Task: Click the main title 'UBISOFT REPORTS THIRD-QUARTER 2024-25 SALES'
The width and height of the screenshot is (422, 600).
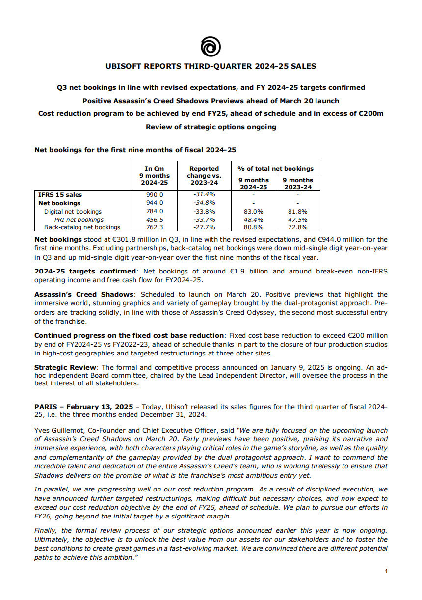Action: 211,66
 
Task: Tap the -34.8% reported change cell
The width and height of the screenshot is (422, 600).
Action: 204,203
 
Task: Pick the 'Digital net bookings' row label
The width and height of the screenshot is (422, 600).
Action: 73,211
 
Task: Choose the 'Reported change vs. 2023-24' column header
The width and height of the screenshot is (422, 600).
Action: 204,176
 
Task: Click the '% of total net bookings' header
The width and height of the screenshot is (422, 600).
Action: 275,168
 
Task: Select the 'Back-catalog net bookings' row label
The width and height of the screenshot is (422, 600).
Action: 82,227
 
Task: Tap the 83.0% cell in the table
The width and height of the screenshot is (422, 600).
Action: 253,211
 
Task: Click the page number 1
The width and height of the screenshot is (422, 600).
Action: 386,571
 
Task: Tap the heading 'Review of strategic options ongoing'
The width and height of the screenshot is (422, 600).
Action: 211,127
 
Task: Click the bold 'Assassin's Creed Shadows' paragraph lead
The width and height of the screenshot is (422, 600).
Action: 78,295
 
